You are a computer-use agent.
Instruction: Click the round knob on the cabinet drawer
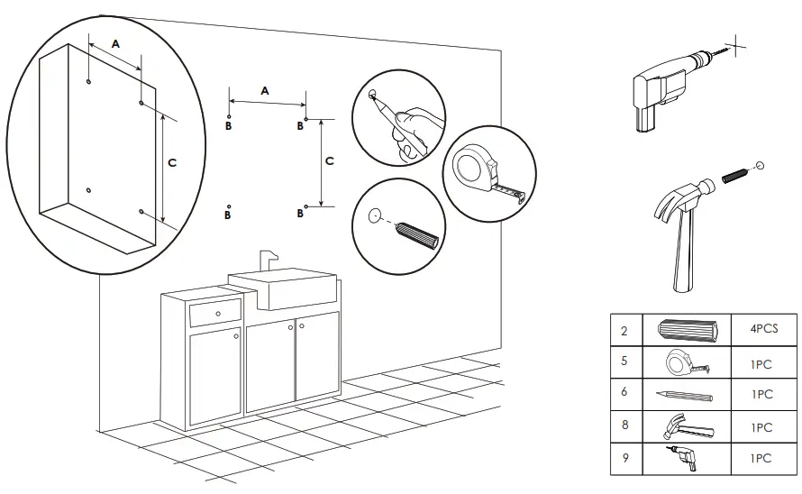[217, 313]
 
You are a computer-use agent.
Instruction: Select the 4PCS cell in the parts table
[761, 329]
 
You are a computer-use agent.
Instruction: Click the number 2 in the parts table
[624, 330]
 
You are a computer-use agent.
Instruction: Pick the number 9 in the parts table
[624, 459]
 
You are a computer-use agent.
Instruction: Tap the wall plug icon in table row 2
[690, 330]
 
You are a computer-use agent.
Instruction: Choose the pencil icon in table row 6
[686, 395]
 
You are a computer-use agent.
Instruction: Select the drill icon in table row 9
[686, 459]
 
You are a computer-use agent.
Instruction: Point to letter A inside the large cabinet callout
[115, 42]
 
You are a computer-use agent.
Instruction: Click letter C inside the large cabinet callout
[172, 161]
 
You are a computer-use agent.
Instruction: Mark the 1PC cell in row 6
[761, 395]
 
